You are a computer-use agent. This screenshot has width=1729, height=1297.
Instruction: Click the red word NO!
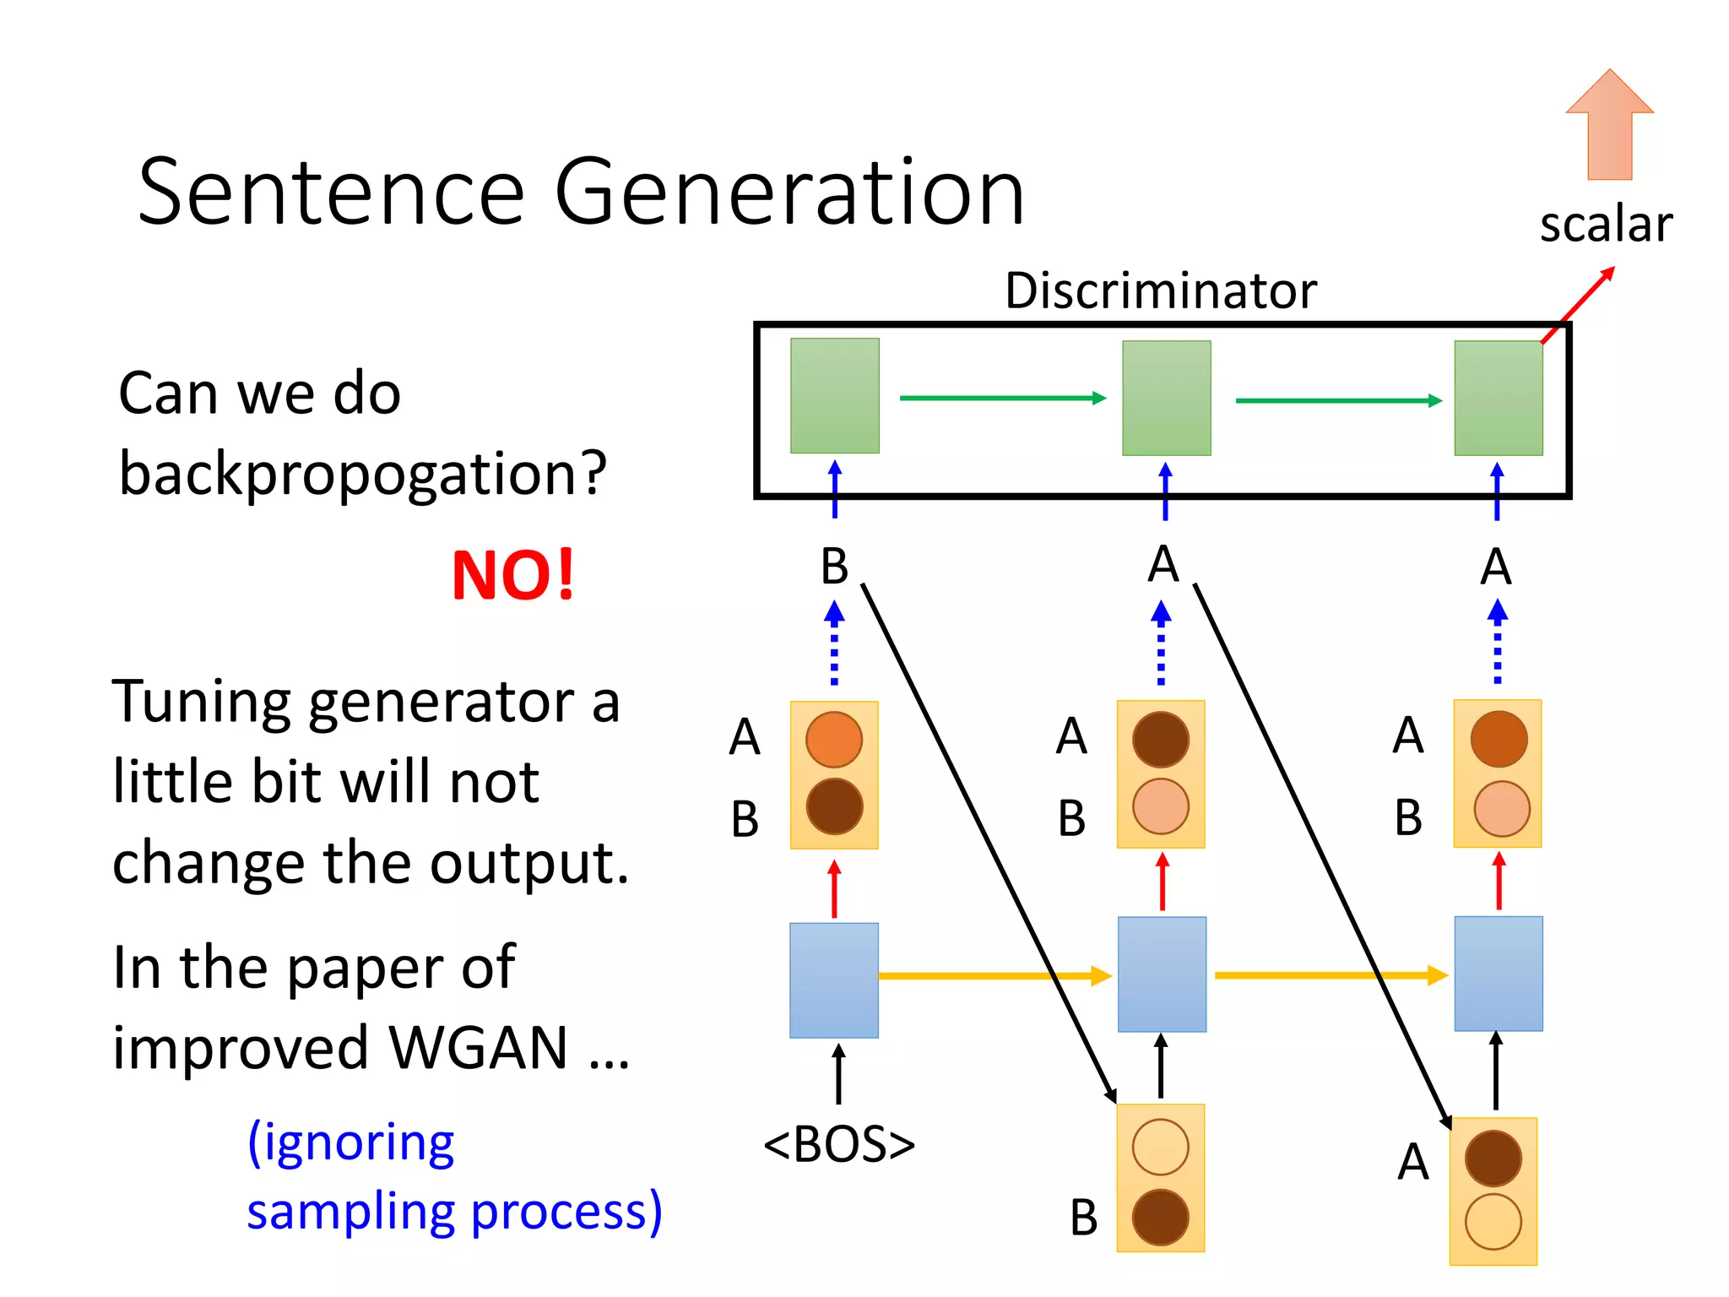coord(512,575)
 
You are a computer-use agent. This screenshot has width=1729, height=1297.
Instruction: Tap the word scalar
coord(1605,225)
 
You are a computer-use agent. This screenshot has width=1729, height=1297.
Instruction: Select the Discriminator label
coord(1160,290)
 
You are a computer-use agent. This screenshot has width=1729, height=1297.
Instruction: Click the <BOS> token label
coord(838,1145)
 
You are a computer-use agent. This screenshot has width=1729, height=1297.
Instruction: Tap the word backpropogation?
coord(362,474)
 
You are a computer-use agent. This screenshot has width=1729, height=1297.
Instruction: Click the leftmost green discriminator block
coord(834,395)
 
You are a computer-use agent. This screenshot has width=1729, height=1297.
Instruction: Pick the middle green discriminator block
coord(1166,398)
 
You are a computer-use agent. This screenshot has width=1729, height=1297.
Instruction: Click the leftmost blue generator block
coord(833,980)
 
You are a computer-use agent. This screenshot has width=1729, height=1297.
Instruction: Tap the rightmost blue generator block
coord(1498,974)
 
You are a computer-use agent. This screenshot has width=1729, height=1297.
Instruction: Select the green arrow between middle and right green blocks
coord(1338,400)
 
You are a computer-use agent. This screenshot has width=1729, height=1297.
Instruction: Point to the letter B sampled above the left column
coord(834,567)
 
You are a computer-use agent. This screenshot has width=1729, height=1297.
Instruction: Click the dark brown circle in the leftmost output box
coord(834,806)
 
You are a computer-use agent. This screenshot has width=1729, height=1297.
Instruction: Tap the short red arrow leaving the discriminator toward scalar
coord(1578,305)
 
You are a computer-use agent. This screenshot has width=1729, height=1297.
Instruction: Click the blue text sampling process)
coord(454,1211)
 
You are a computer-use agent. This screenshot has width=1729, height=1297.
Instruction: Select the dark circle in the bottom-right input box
coord(1493,1159)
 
